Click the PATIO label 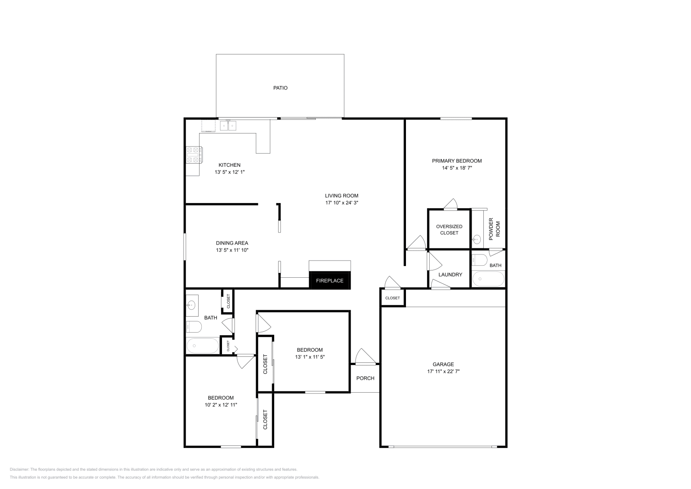pos(280,88)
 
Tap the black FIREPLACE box pos(330,280)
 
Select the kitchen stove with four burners pos(193,155)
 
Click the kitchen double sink pos(228,126)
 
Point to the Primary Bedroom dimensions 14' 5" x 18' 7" pos(456,168)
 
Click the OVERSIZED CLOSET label pos(449,229)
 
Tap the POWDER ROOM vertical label pos(494,231)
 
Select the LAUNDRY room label pos(450,274)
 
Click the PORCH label pos(365,378)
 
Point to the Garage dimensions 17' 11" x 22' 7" pos(443,371)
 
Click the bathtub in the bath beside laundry pos(488,279)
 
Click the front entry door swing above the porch pos(364,357)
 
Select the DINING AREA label pos(232,243)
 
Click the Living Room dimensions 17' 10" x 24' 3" pos(342,203)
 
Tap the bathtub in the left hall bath pos(203,346)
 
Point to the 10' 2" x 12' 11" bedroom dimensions pos(221,405)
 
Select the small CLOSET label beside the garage pos(393,298)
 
